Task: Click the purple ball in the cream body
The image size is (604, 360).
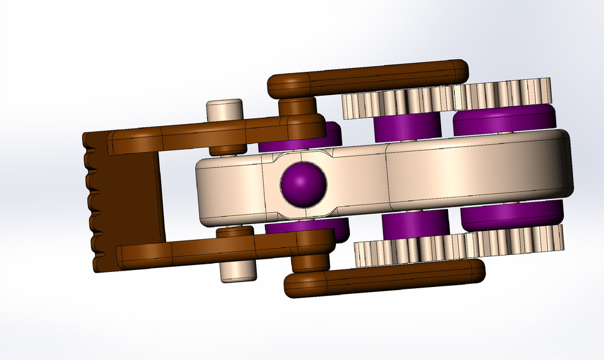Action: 303,184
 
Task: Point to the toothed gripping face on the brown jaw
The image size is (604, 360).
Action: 94,201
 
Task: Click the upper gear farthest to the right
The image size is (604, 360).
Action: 503,94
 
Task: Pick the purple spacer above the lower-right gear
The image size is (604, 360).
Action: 512,215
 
